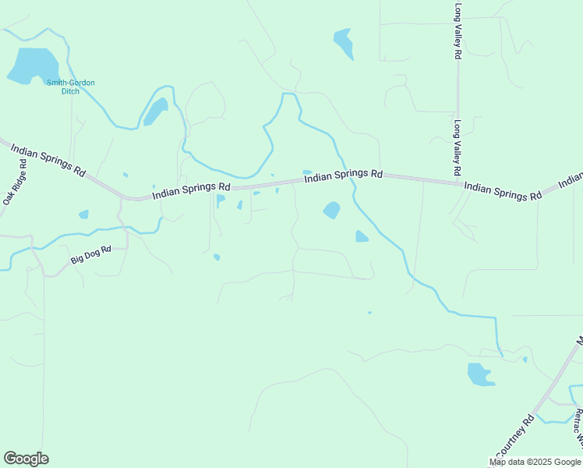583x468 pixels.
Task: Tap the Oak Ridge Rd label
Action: (16, 183)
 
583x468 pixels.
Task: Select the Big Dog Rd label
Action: (91, 254)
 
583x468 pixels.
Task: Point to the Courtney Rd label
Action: (514, 437)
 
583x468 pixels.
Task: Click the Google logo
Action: (26, 459)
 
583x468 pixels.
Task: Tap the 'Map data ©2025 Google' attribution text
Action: (535, 462)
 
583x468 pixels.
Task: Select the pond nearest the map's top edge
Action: (343, 42)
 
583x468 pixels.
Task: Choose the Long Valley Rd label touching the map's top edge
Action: (458, 31)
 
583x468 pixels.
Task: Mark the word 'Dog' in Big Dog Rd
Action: (92, 254)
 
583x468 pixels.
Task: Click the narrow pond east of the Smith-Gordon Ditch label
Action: (155, 112)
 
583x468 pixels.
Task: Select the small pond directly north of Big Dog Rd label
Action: (83, 214)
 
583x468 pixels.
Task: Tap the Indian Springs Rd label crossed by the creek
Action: (343, 176)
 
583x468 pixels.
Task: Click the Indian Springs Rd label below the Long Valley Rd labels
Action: (502, 191)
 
